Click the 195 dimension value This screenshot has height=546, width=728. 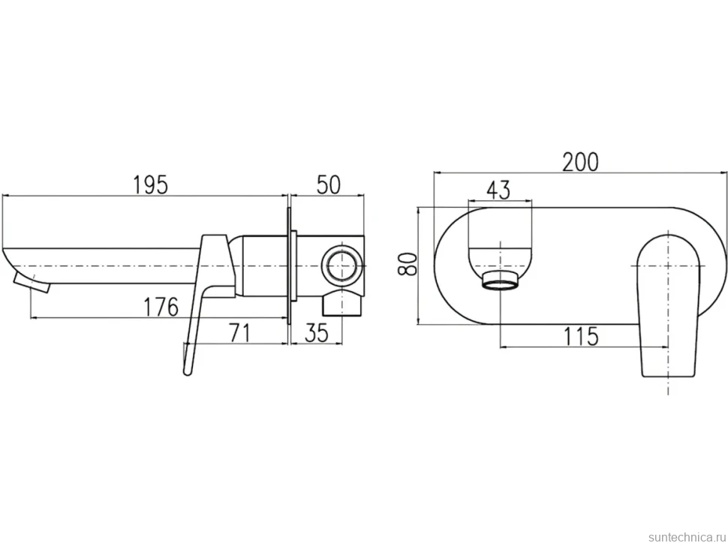(x=150, y=184)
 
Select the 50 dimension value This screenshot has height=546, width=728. (x=328, y=184)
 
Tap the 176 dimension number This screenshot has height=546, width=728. (x=161, y=307)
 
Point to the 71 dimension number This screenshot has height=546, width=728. (x=239, y=333)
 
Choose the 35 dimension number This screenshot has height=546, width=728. (x=317, y=333)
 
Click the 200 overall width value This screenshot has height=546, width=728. (x=580, y=162)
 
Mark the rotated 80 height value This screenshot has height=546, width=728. (x=408, y=264)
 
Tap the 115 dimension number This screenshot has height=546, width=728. (x=581, y=336)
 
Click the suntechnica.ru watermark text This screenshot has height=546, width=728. (x=687, y=537)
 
